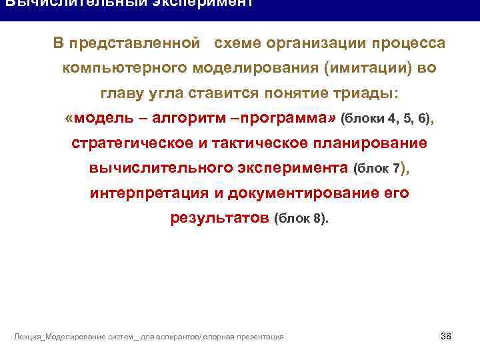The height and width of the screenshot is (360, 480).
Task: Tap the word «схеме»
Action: point(237,44)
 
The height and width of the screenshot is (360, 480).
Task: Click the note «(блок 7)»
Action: point(380,169)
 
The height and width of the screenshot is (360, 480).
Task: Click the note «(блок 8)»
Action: point(301,219)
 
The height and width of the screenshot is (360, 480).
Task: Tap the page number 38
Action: point(446,335)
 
